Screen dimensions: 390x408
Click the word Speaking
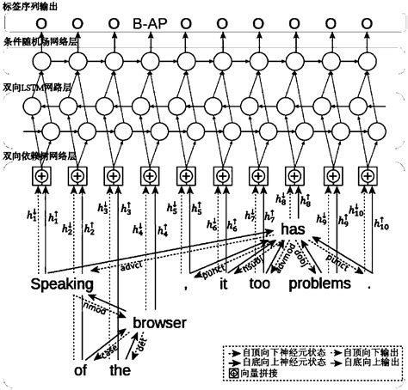point(62,284)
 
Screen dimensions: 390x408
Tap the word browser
point(159,323)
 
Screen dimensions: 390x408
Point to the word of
point(82,370)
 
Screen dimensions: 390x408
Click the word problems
point(319,284)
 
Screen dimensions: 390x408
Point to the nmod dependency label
point(94,307)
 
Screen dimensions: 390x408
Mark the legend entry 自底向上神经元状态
point(275,363)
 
